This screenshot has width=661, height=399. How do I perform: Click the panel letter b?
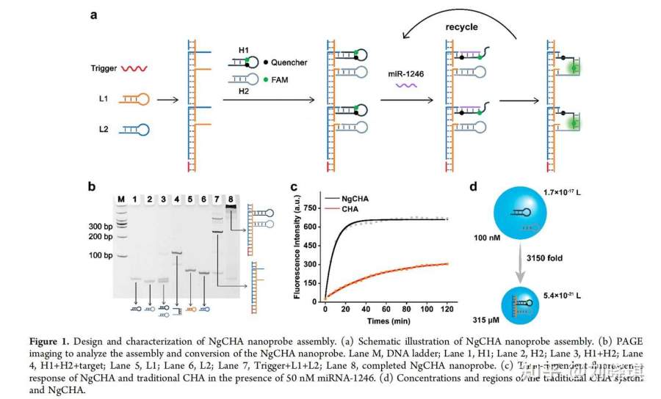93,187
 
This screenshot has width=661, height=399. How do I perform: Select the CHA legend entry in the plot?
349,209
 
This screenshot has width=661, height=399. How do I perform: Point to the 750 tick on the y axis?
311,208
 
